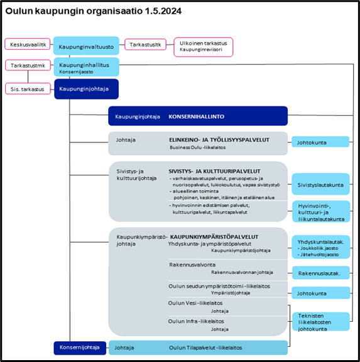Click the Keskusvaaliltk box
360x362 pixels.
(28, 44)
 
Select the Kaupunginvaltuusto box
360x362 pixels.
(86, 46)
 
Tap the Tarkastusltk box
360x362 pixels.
(145, 45)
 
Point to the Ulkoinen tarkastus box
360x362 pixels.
(204, 47)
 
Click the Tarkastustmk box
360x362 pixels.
(28, 65)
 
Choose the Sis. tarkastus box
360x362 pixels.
(28, 89)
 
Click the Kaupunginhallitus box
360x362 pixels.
(86, 67)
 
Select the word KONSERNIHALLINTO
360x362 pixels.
(197, 117)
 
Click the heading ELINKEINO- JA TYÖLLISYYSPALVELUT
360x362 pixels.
(219, 140)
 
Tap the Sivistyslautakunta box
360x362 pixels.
(320, 184)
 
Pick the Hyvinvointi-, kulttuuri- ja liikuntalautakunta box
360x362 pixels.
(321, 211)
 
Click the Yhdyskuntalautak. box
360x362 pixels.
(321, 247)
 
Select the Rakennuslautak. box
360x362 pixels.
(321, 273)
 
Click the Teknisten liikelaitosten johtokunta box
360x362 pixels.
(321, 322)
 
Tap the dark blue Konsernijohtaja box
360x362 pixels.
(80, 348)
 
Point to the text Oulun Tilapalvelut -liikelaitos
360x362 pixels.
(205, 348)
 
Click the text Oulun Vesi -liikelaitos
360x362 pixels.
(195, 303)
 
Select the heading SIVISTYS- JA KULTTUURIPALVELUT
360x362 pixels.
(214, 172)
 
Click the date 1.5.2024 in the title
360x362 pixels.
(163, 11)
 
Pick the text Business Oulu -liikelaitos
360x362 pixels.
(197, 148)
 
